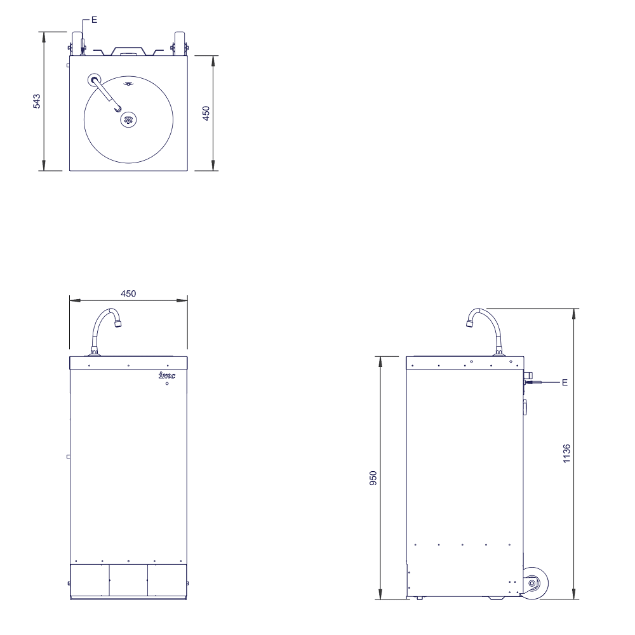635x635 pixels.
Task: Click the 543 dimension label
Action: coord(37,101)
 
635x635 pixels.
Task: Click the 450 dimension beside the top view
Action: coord(206,113)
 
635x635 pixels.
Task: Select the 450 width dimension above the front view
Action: coord(128,293)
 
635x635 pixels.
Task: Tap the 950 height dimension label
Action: coord(373,478)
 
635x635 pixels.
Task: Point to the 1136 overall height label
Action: coord(566,453)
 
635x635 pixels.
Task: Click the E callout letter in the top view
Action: coord(95,20)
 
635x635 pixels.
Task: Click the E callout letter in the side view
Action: coord(565,382)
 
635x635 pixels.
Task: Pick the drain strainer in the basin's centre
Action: coord(128,119)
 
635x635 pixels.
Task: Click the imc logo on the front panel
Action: coord(167,375)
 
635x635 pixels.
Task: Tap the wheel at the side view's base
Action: coord(535,583)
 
